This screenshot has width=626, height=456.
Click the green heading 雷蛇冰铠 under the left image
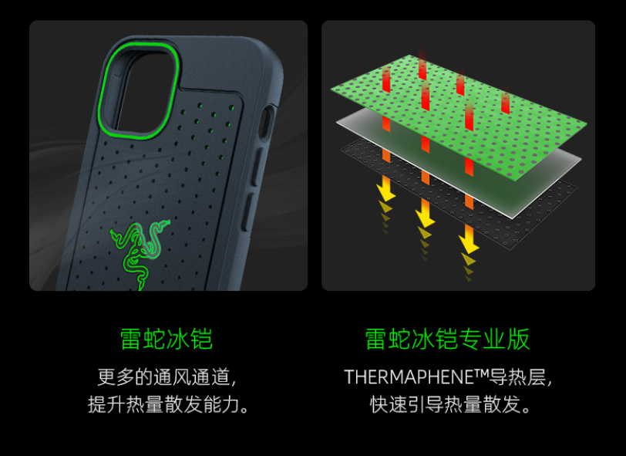pyautogui.click(x=166, y=339)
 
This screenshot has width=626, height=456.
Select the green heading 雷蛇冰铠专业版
pyautogui.click(x=447, y=339)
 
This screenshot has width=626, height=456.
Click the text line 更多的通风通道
pyautogui.click(x=166, y=377)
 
